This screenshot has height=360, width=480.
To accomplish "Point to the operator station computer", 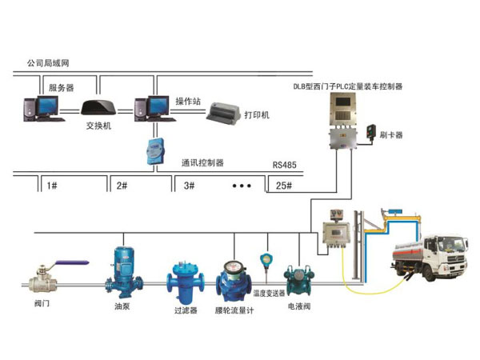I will click(x=150, y=110).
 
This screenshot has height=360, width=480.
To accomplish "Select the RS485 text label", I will click(x=284, y=166).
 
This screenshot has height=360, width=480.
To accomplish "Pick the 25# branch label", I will click(x=282, y=186).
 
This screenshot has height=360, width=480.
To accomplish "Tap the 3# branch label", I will click(x=190, y=186).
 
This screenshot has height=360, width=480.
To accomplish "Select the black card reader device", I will click(x=371, y=131).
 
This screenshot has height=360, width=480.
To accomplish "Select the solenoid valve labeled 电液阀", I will click(x=302, y=278).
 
